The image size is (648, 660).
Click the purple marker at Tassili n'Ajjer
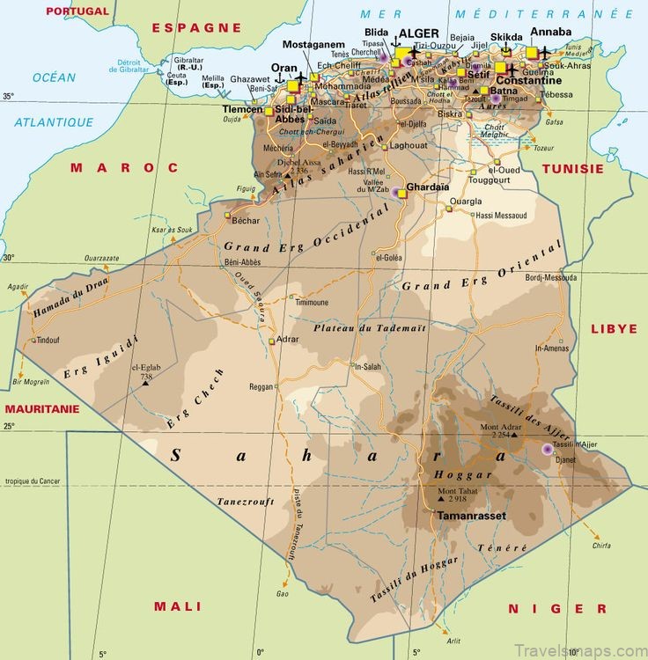click(x=548, y=449)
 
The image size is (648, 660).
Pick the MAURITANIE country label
click(x=42, y=409)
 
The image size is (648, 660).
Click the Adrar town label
click(x=288, y=339)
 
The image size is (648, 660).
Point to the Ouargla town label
click(x=466, y=202)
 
